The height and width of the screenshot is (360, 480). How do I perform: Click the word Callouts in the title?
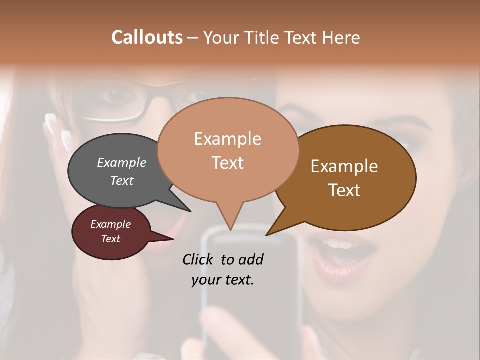[147, 37]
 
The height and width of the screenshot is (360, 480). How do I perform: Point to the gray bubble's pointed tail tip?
[191, 212]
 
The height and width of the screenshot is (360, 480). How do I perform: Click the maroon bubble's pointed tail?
[173, 239]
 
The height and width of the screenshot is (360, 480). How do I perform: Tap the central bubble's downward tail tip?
[230, 230]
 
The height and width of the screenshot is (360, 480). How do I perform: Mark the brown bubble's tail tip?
[267, 235]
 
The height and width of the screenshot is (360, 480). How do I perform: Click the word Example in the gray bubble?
[121, 163]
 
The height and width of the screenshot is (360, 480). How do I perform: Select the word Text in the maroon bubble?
[110, 239]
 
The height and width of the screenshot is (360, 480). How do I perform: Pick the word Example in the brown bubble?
[344, 166]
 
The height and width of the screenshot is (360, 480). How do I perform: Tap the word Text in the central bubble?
[228, 162]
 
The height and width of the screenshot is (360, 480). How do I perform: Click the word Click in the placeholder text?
[199, 259]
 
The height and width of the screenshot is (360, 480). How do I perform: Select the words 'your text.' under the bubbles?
[223, 279]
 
